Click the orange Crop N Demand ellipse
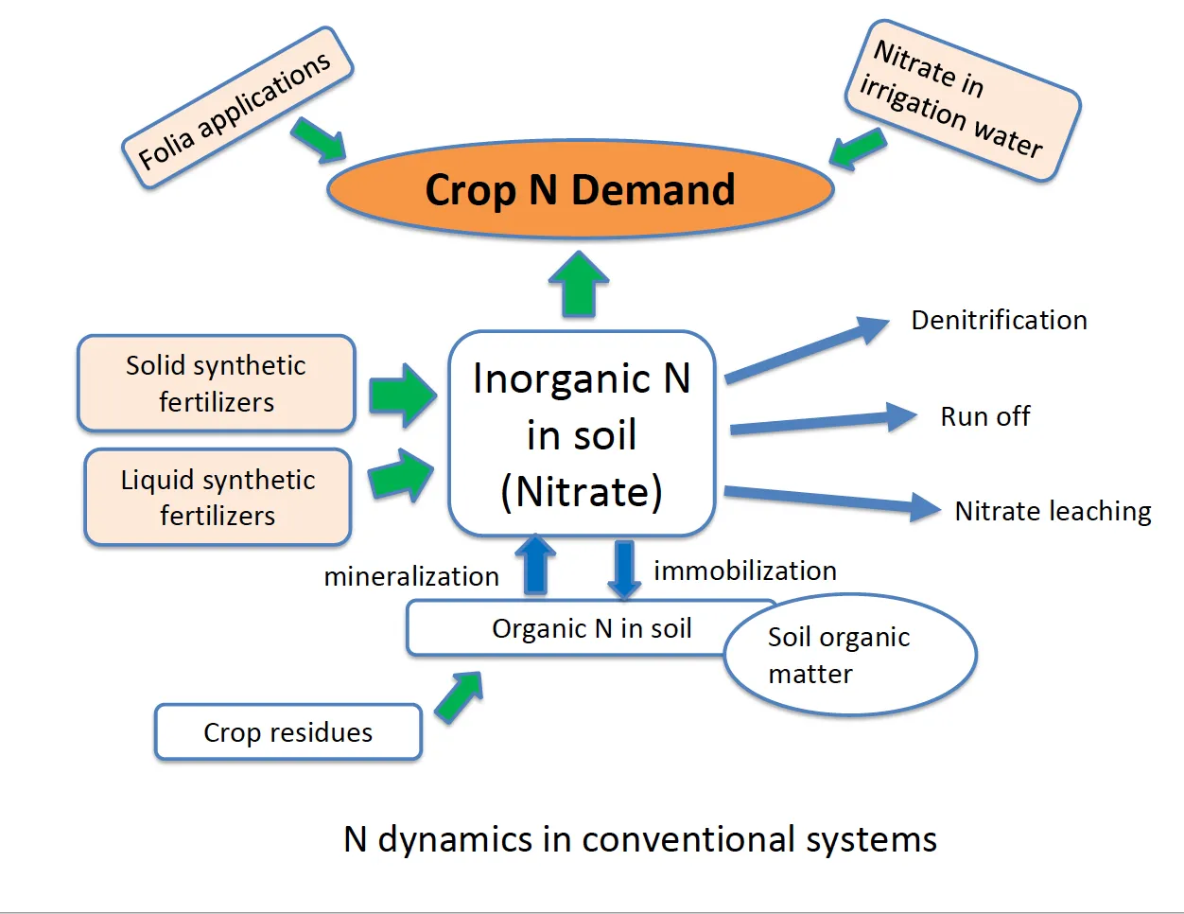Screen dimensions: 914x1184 (x=580, y=189)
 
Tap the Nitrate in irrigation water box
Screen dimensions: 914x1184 (x=961, y=100)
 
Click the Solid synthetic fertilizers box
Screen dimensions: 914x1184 (x=217, y=383)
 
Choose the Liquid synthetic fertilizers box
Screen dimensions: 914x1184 (x=218, y=498)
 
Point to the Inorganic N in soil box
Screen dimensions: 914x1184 (x=582, y=434)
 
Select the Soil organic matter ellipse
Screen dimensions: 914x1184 (x=849, y=655)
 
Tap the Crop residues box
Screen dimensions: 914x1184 (x=287, y=732)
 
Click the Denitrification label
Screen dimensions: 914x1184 (x=999, y=320)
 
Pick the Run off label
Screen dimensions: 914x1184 (x=984, y=416)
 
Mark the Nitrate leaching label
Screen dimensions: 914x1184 (x=1053, y=511)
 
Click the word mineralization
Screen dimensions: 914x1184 (x=411, y=576)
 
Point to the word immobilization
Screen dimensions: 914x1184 (x=745, y=571)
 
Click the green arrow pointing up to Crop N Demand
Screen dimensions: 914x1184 (x=579, y=283)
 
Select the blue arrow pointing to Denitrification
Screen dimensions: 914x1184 (x=806, y=351)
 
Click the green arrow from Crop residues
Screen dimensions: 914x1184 (x=459, y=697)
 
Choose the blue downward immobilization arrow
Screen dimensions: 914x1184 (x=624, y=569)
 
